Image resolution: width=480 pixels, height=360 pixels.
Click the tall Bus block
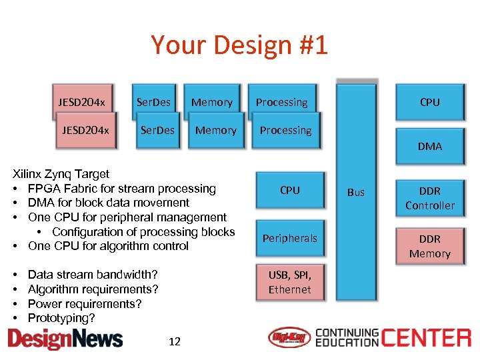356,192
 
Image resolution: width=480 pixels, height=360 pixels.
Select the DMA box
429,146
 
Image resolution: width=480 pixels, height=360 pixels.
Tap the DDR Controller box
429,198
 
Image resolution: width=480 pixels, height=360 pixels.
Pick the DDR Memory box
429,246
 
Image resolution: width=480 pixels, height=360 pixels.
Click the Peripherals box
289,238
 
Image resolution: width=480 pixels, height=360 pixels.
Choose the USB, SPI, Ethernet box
289,281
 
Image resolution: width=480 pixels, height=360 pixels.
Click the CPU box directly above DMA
429,102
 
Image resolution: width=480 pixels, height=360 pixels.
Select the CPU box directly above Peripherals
289,191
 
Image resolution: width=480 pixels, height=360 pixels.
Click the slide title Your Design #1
239,45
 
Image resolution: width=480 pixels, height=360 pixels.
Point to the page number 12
175,342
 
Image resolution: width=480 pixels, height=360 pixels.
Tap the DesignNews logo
65,339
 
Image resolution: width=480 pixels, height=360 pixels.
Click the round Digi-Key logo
289,338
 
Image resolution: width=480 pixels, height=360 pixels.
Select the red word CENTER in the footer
426,338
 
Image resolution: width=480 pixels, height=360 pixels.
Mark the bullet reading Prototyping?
61,318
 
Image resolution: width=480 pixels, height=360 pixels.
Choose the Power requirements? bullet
85,304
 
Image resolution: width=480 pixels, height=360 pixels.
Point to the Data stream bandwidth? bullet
93,275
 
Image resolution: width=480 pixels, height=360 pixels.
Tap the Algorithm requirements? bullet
93,289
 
